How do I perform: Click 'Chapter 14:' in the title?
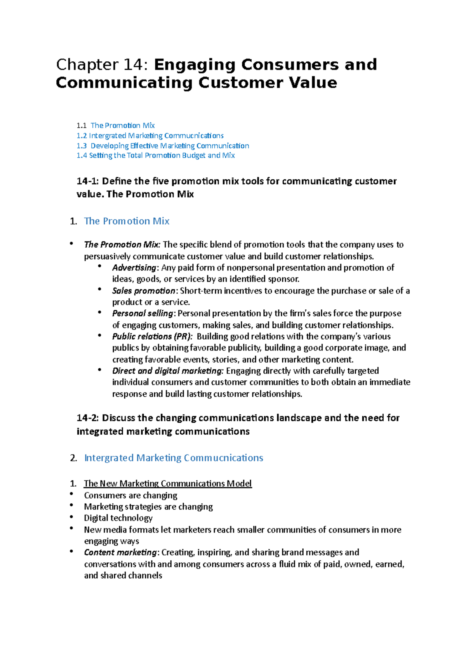point(102,64)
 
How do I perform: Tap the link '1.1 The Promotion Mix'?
point(116,125)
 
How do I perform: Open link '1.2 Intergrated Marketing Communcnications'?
point(150,135)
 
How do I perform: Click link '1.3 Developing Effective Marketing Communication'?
point(163,146)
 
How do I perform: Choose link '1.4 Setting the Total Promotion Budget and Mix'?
point(155,155)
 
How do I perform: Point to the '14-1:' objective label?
point(88,181)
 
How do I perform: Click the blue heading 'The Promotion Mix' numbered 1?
point(127,221)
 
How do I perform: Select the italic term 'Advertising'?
point(134,268)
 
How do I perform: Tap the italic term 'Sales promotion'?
point(144,291)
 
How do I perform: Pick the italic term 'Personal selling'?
point(143,313)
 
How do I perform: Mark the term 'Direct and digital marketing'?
point(168,371)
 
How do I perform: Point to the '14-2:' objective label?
point(88,418)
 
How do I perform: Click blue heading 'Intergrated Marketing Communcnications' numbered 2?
point(174,458)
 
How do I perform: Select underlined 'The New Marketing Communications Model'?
point(168,484)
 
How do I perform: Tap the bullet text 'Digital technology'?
point(118,518)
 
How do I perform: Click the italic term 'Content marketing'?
point(120,552)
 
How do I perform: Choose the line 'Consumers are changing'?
point(130,496)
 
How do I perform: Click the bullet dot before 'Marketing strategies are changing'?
point(71,505)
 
